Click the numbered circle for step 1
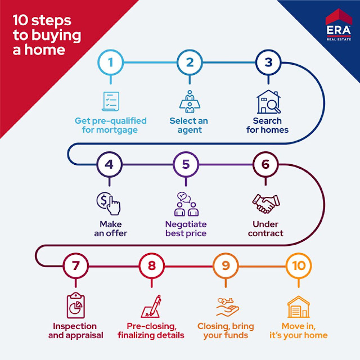coord(111,62)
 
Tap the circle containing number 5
coord(186,165)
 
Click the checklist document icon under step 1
coord(110,101)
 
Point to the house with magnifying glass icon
coord(267,102)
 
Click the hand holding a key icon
coord(226,307)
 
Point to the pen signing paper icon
coord(151,307)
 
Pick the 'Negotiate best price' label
coord(186,228)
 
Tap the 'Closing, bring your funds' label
coord(226,331)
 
